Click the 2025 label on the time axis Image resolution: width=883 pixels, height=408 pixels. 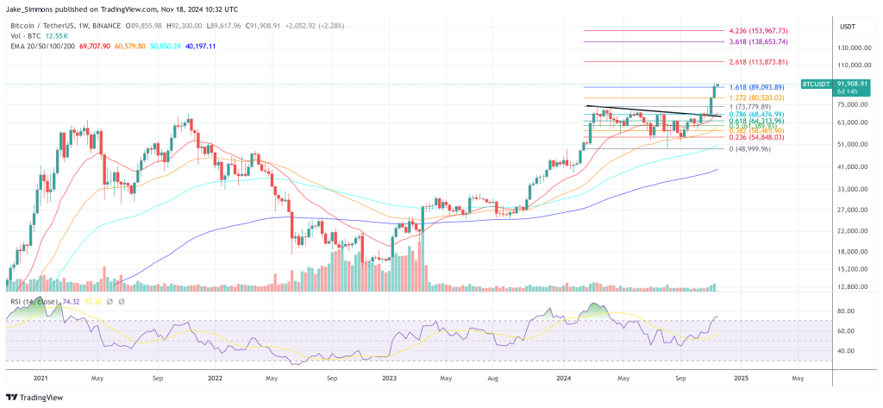[x=742, y=378]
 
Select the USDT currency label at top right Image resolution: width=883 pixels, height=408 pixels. [x=847, y=27]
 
